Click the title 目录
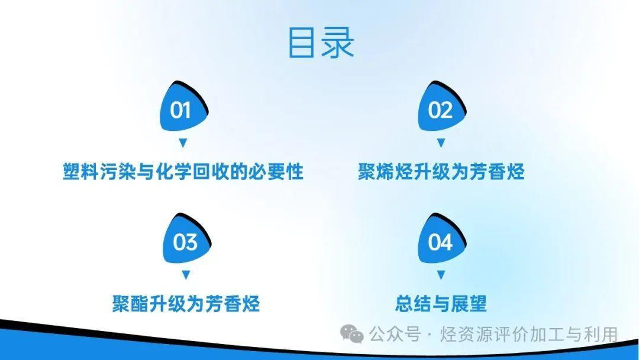tap(321, 42)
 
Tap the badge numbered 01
tap(183, 107)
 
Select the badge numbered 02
tap(442, 107)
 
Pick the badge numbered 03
tap(186, 239)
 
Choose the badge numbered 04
tap(442, 239)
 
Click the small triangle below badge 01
tap(183, 143)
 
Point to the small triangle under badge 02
tap(441, 143)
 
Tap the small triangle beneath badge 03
tap(186, 275)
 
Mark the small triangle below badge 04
tap(441, 275)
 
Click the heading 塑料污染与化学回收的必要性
tap(183, 172)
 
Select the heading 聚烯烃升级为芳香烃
tap(441, 172)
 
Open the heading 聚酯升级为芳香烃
tap(186, 304)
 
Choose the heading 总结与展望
tap(441, 304)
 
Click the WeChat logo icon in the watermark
tap(352, 334)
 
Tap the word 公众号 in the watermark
tap(395, 335)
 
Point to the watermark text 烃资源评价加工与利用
tap(529, 335)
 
